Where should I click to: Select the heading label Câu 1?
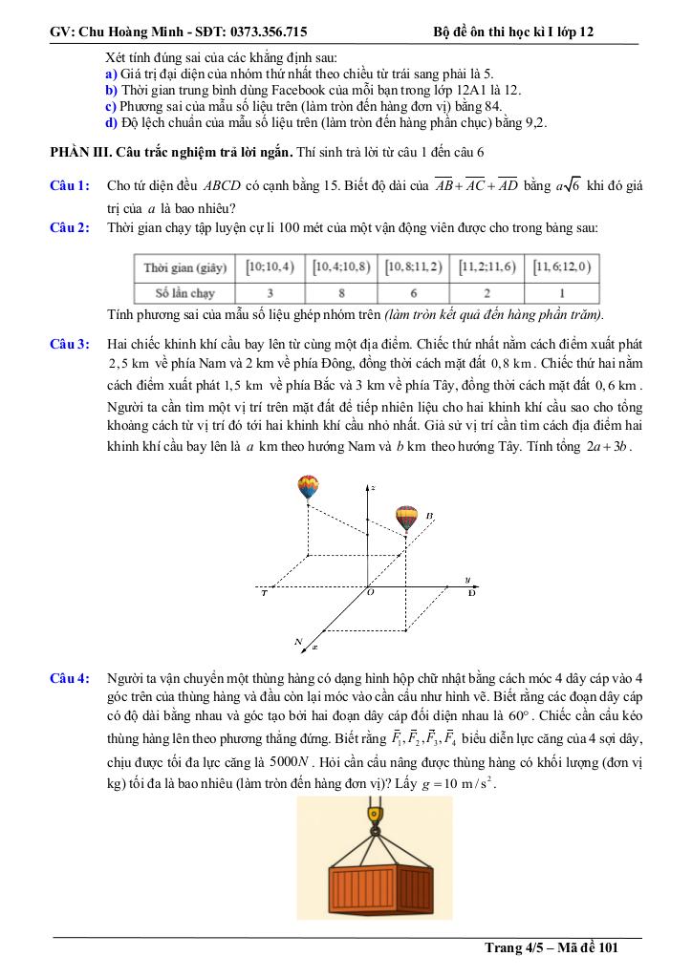[70, 185]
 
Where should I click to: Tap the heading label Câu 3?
[70, 343]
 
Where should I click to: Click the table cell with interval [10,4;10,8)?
[340, 267]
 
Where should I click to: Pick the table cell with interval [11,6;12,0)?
[561, 267]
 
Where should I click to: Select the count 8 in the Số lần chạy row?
[340, 292]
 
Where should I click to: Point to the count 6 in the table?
[414, 292]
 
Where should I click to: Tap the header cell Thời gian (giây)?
[185, 267]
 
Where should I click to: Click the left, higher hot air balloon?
[308, 487]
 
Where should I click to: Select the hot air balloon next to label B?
[407, 518]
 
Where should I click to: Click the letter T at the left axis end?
[264, 593]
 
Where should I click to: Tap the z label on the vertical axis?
[373, 488]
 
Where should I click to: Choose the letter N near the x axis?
[299, 640]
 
